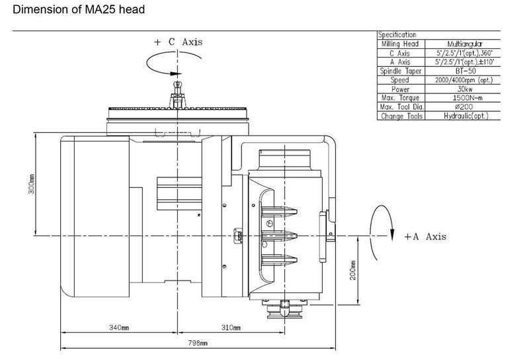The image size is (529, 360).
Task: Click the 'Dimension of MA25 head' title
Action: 74,11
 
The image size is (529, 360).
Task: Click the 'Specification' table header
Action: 397,34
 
